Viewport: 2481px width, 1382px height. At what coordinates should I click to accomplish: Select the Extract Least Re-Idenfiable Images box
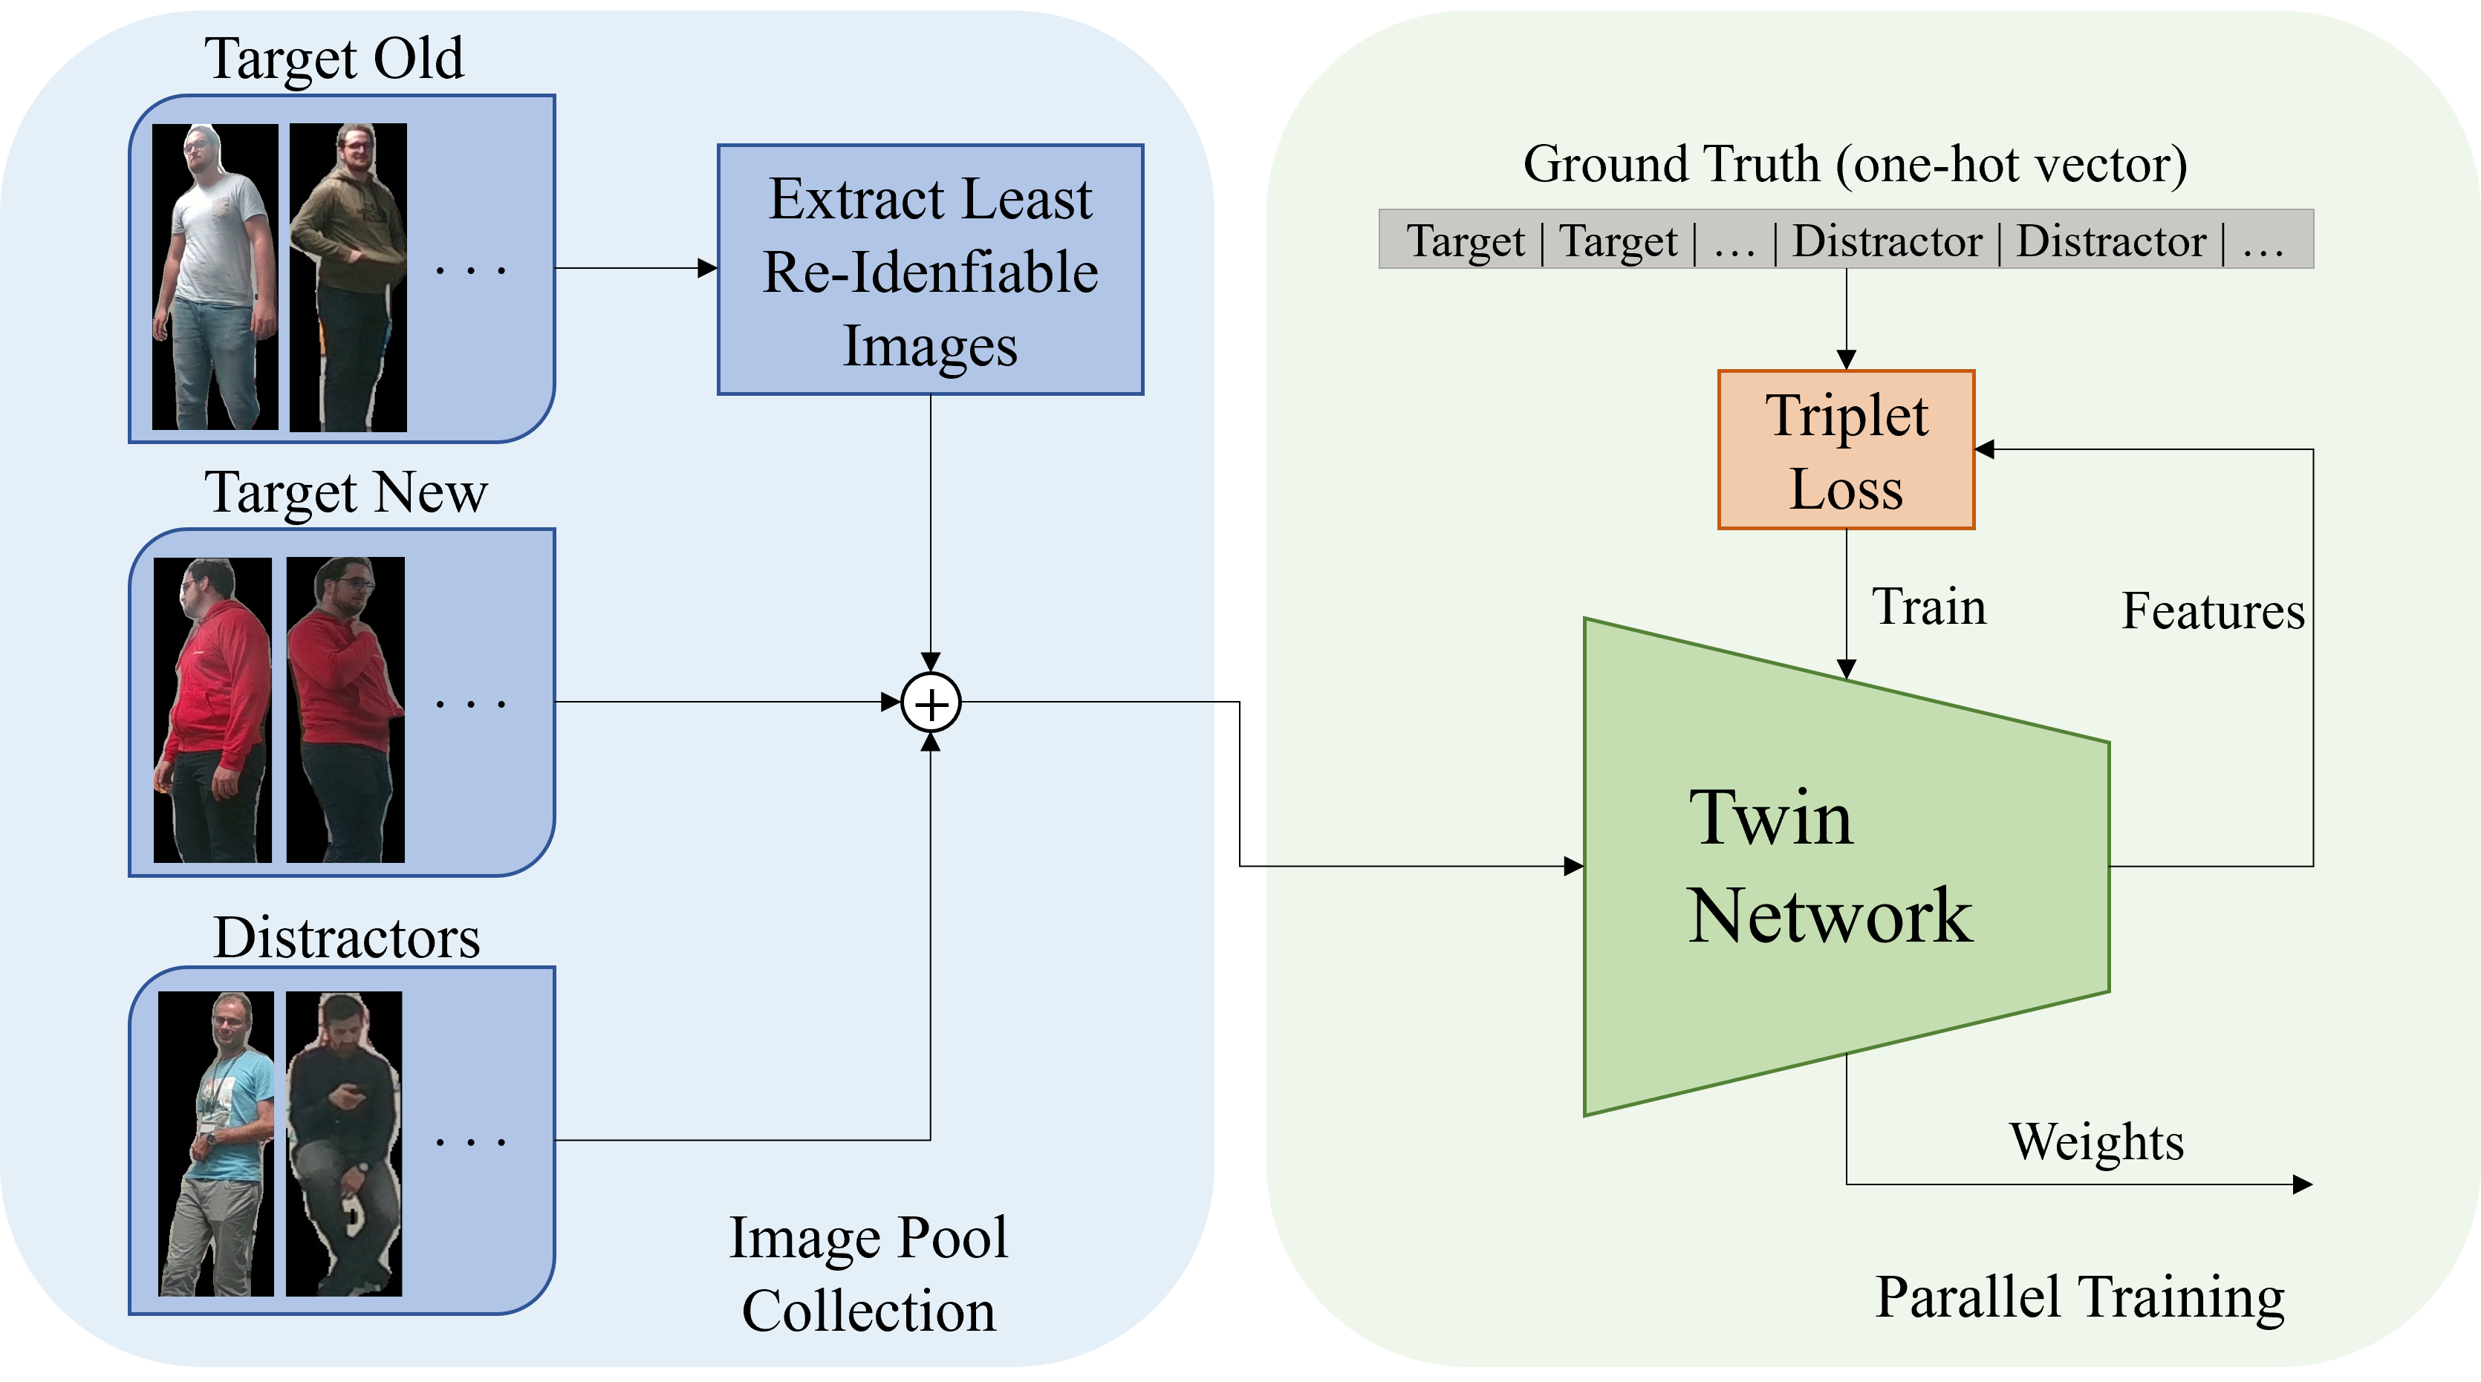coord(930,270)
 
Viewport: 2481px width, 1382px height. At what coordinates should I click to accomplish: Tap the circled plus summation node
coord(930,703)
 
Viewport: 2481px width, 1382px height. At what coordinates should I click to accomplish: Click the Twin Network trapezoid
coord(1830,867)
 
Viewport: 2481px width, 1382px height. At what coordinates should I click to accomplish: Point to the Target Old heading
coord(334,59)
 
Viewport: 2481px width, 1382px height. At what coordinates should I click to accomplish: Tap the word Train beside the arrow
coord(1929,607)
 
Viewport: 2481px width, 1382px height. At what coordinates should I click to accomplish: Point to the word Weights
coord(2095,1142)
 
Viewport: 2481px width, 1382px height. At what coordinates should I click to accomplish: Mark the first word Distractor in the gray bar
coord(1887,241)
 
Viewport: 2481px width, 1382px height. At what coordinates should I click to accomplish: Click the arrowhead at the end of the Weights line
coord(2303,1184)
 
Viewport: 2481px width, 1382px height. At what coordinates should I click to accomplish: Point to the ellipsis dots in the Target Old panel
coord(470,270)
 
